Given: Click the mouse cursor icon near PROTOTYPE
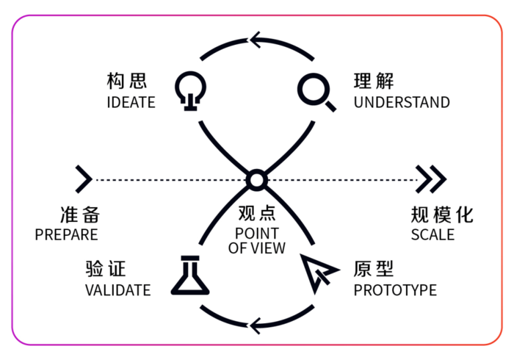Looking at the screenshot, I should [319, 271].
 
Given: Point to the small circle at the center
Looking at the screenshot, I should [256, 179].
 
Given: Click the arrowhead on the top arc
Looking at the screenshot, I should [257, 39].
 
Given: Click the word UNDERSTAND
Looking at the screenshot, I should [401, 102].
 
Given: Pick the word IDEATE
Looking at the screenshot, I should [131, 102].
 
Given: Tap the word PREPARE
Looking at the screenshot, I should [66, 235].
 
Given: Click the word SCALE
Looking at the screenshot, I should [432, 235].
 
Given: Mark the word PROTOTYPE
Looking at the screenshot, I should [395, 290].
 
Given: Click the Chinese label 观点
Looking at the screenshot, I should [256, 215].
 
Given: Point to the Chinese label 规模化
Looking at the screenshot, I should [442, 215].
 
